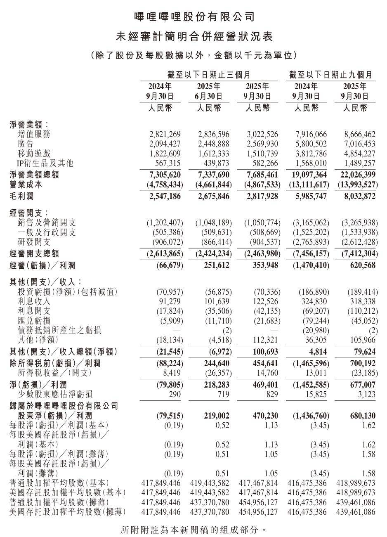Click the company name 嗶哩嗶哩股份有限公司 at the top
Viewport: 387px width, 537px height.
(193, 17)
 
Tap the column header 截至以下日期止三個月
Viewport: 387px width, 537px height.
(209, 75)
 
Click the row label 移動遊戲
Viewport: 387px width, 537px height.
(34, 153)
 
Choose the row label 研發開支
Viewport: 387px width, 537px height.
(34, 242)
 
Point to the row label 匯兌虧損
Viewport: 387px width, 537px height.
(34, 321)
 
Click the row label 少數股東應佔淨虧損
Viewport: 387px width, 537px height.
(55, 395)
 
